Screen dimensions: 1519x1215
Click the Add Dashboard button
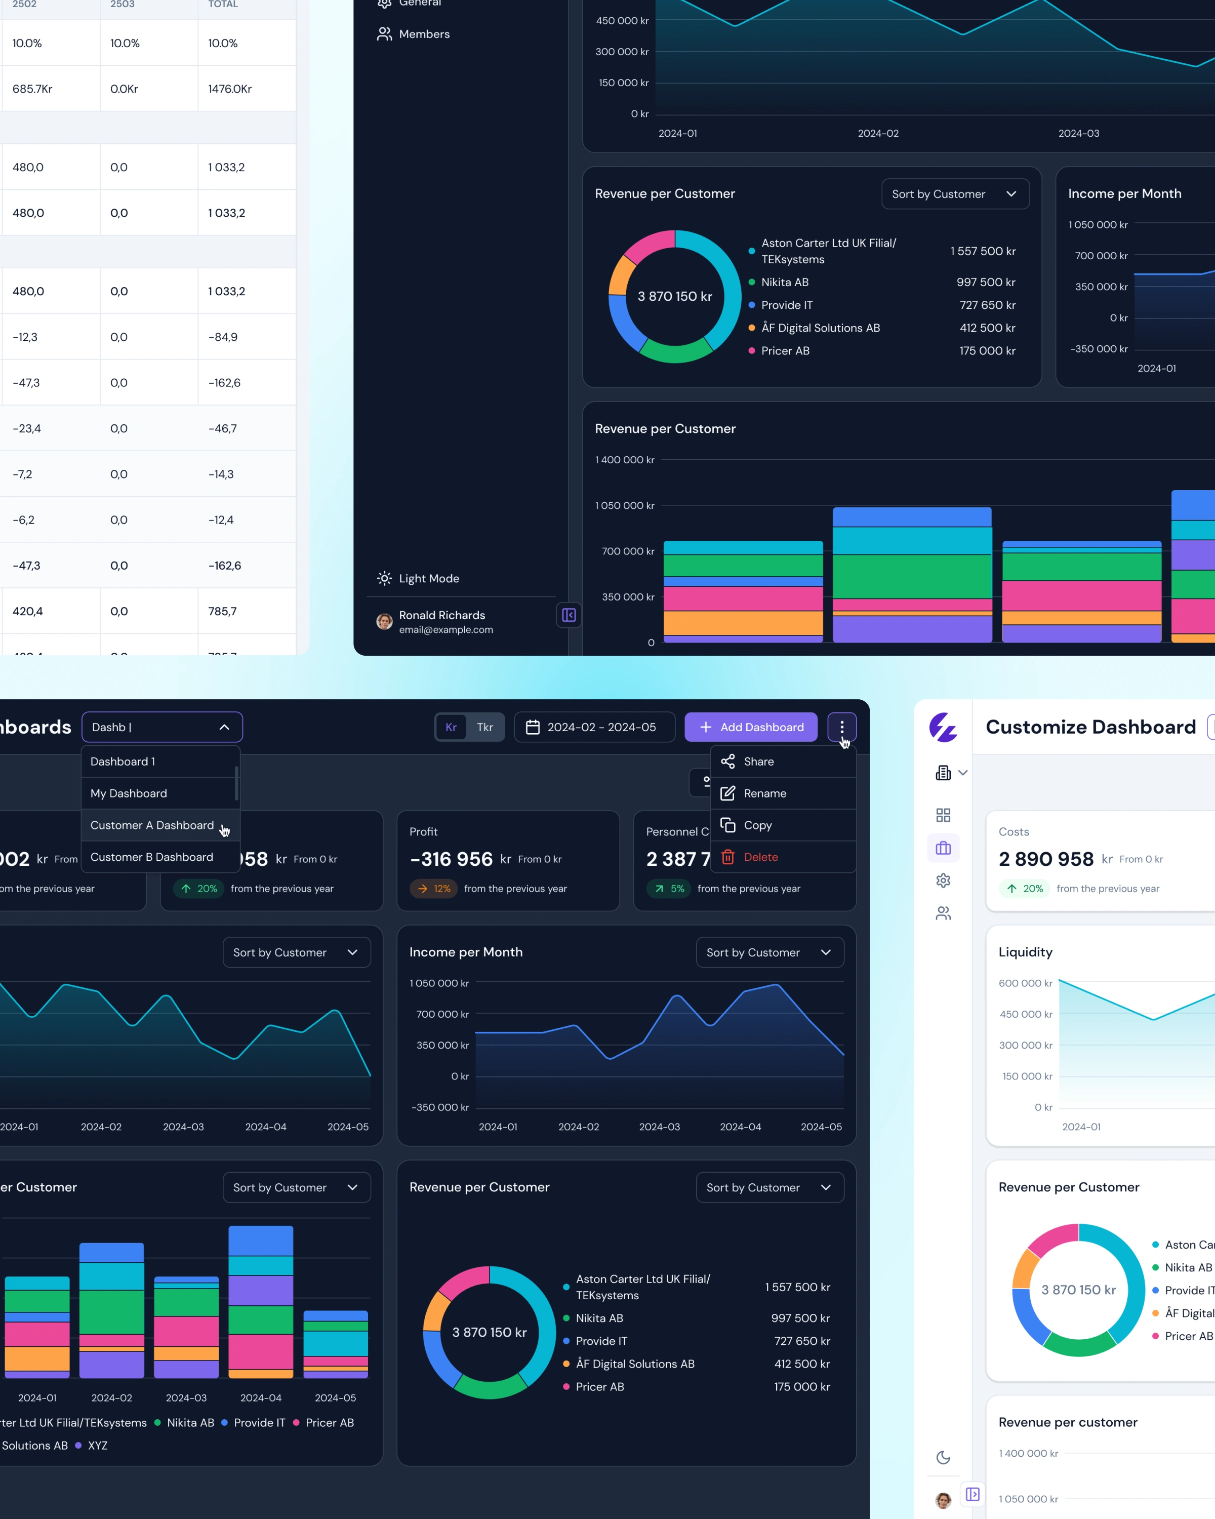tap(751, 727)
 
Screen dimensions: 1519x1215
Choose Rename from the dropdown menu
tap(764, 793)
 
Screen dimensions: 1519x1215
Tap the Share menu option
tap(758, 762)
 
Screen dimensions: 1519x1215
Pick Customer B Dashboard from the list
tap(151, 857)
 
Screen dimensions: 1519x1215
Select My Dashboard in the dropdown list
tap(129, 793)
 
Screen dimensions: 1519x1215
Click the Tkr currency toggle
tap(484, 727)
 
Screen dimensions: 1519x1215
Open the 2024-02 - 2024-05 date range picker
tap(594, 727)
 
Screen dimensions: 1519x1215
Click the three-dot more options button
tap(842, 727)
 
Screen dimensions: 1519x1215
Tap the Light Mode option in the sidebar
tap(428, 578)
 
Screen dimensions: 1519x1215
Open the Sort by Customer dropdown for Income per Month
tap(769, 952)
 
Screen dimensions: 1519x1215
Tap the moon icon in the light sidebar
tap(943, 1457)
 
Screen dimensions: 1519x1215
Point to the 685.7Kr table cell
tap(32, 89)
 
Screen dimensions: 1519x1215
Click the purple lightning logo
tap(943, 727)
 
